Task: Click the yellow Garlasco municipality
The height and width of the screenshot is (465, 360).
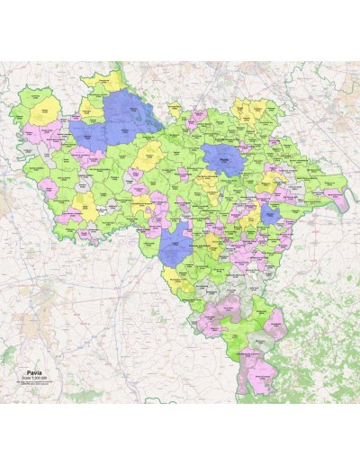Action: pos(148,159)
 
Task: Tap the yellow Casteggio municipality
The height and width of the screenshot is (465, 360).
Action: pos(212,240)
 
